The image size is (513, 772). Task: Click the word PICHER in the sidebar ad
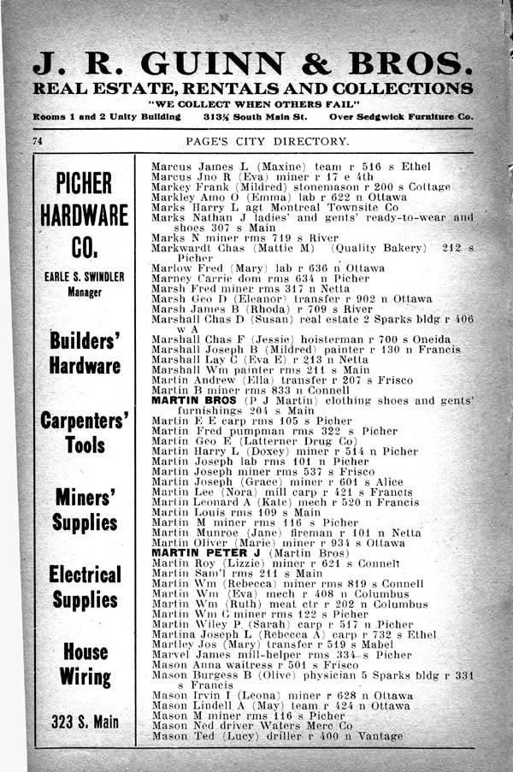click(84, 184)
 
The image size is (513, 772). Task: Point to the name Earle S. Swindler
click(85, 277)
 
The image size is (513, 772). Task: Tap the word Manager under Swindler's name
click(85, 292)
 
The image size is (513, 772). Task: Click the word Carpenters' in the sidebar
click(85, 421)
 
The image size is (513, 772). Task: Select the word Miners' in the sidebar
click(85, 497)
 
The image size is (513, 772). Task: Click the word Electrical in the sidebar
click(85, 573)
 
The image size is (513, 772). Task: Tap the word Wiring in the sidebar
click(85, 677)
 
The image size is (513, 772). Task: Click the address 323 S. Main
click(85, 722)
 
